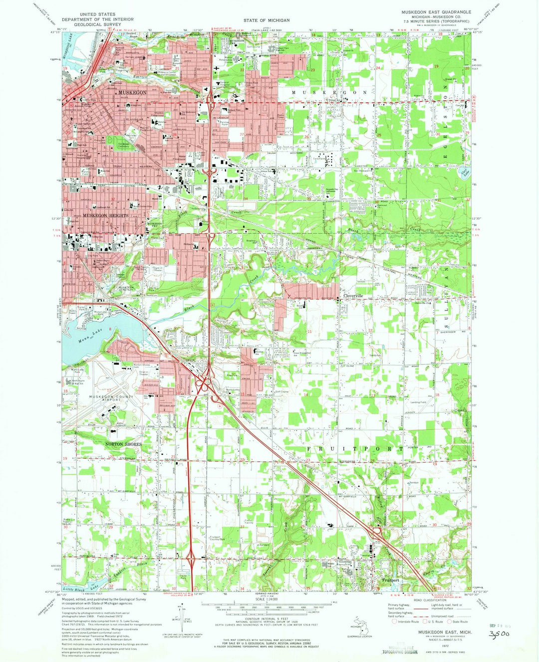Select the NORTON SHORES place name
(x=123, y=444)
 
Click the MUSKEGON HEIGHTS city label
(x=105, y=215)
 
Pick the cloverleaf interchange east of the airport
(x=205, y=385)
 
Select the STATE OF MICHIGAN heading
(x=266, y=20)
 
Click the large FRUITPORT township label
(x=355, y=449)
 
